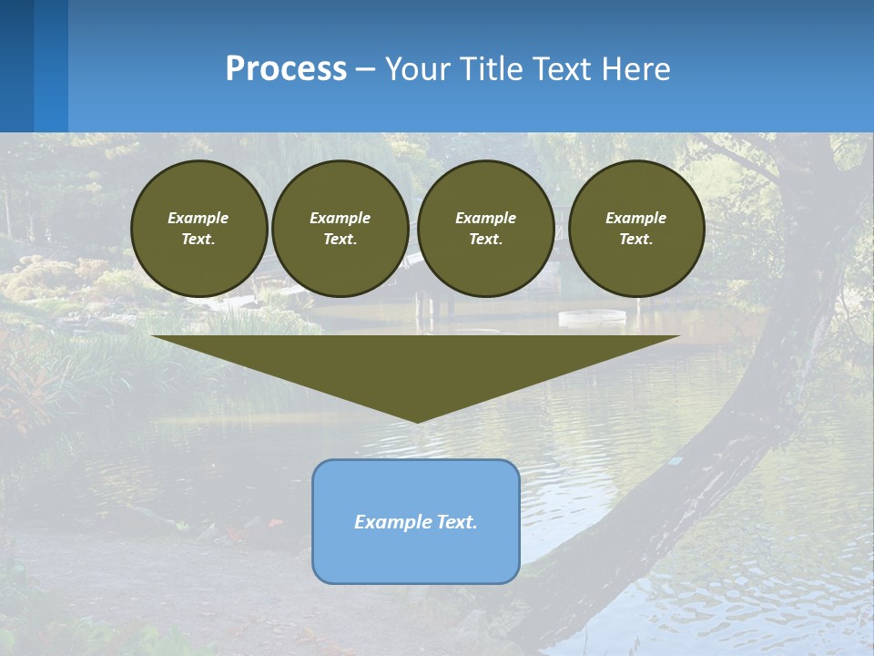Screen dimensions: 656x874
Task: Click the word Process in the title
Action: coord(286,69)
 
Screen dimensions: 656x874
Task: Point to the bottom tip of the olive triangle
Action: coord(417,420)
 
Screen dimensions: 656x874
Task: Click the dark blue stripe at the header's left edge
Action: coord(16,66)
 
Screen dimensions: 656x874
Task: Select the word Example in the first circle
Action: coord(198,218)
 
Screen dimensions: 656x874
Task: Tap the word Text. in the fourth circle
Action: coord(635,239)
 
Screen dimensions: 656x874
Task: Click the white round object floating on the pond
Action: coord(592,317)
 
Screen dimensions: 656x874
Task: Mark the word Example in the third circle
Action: coord(485,218)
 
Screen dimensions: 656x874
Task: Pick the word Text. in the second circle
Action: coord(340,239)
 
